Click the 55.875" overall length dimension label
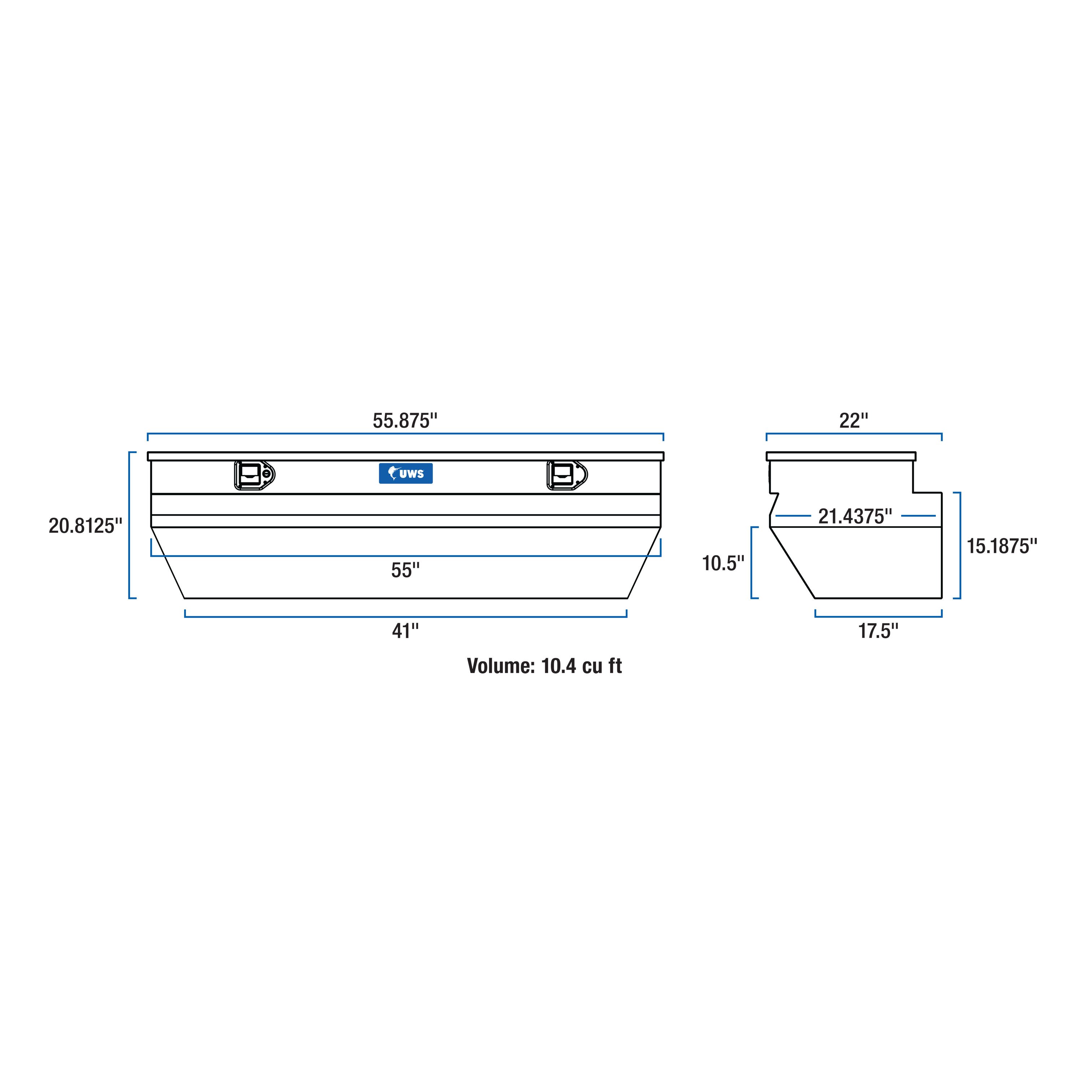click(x=405, y=421)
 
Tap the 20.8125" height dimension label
click(x=85, y=526)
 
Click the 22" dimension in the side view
click(x=853, y=421)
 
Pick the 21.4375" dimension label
click(x=855, y=516)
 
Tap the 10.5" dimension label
click(x=723, y=562)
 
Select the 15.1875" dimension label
click(x=1002, y=546)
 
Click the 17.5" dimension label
click(x=878, y=631)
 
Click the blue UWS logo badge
click(x=406, y=473)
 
